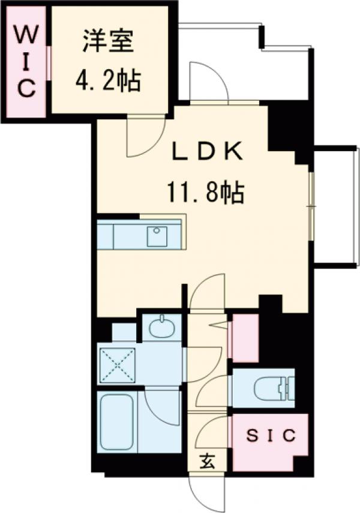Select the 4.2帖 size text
click(108, 80)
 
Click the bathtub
click(118, 422)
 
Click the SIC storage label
click(272, 436)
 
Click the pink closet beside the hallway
click(245, 338)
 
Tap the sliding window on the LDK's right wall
click(311, 206)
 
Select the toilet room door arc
click(210, 391)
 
